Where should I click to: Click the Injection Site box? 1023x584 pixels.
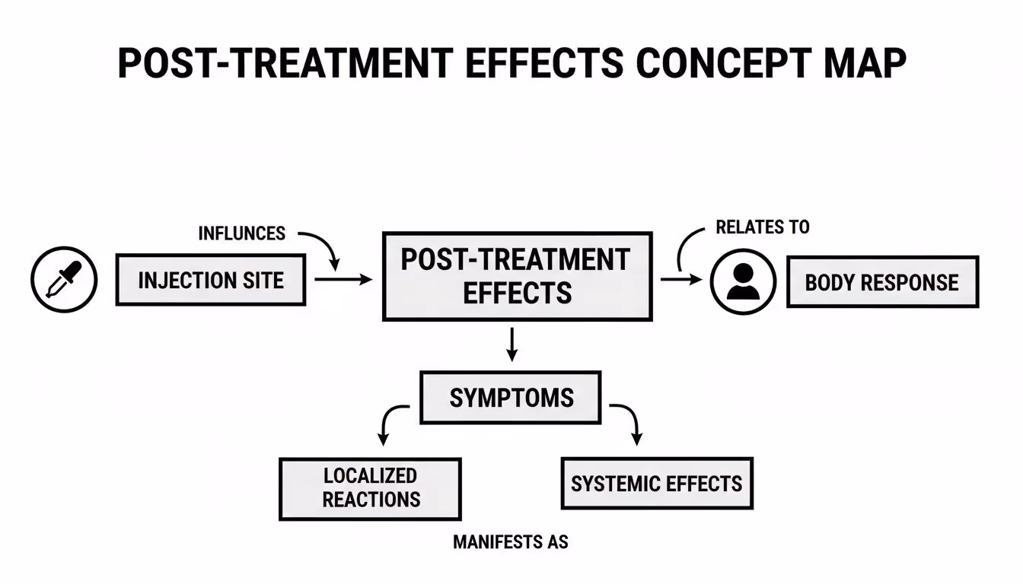211,280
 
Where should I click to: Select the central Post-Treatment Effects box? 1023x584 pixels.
517,276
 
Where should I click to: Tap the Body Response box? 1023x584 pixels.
881,282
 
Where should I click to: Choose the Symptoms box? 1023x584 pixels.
511,398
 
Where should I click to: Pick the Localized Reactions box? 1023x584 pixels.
371,487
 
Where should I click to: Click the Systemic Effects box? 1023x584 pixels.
656,484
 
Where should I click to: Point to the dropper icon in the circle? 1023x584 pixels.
64,280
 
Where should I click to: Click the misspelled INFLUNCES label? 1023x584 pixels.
241,233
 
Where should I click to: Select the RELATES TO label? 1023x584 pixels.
763,227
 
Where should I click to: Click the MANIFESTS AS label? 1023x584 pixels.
511,542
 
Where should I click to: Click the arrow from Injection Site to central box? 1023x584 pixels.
343,280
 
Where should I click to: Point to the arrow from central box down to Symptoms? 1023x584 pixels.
512,344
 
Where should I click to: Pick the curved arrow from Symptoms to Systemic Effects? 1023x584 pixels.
629,422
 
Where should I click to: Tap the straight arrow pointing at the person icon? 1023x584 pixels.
680,280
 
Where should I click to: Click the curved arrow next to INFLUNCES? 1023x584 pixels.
323,248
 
